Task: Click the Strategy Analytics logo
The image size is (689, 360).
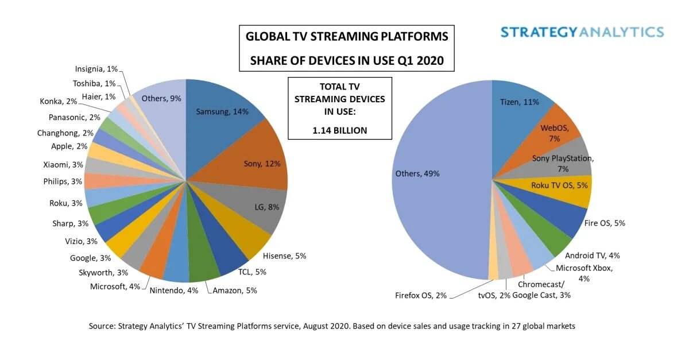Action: point(582,32)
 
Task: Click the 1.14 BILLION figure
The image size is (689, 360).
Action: point(339,130)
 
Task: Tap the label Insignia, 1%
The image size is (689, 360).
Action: point(96,69)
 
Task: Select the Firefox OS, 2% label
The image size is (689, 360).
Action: point(421,295)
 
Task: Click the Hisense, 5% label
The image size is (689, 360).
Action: point(284,256)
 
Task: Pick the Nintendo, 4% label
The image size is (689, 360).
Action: point(173,291)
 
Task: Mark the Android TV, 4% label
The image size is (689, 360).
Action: point(592,256)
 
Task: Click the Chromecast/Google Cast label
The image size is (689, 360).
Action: point(541,290)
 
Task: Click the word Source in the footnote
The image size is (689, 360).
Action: point(102,326)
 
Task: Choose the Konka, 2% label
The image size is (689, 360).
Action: point(59,101)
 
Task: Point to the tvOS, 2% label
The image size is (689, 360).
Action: point(494,295)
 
